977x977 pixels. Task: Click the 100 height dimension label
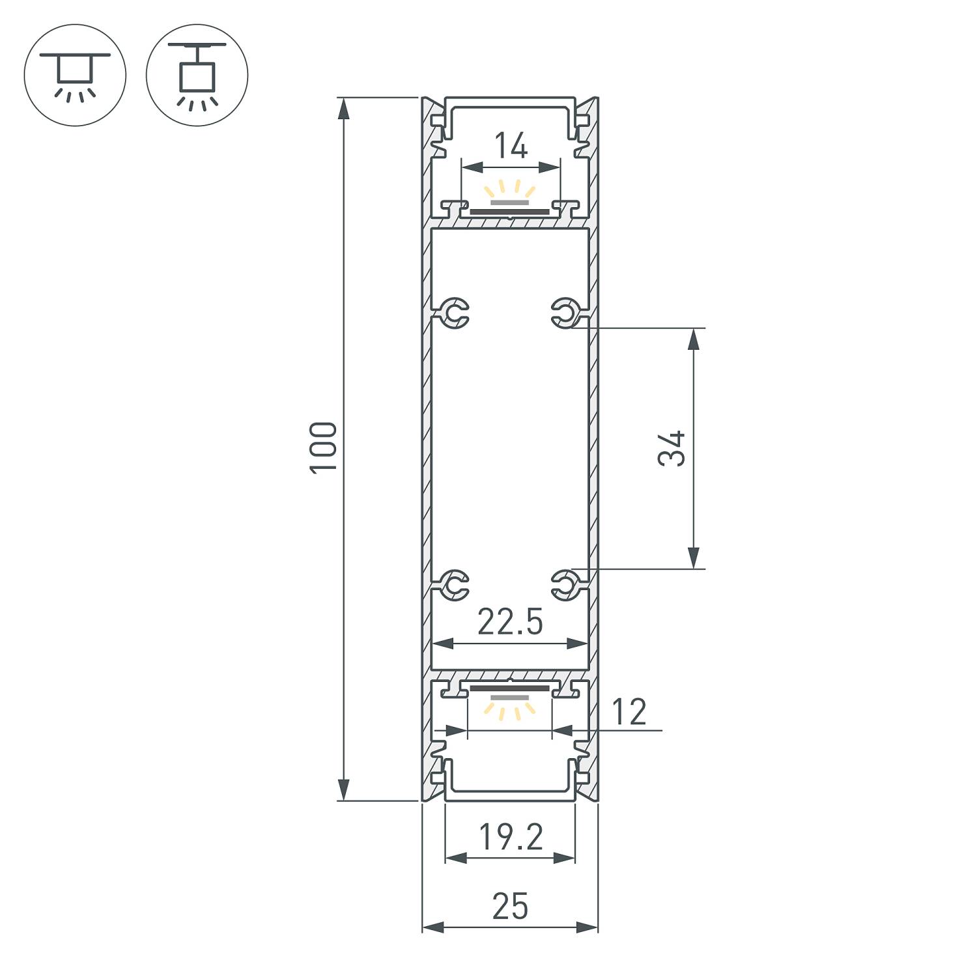[x=324, y=447]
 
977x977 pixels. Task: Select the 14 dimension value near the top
[x=511, y=146]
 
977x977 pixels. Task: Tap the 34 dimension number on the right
[x=672, y=448]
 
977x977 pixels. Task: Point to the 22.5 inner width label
[x=510, y=622]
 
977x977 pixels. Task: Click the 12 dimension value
[x=629, y=712]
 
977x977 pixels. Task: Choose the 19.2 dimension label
[x=511, y=838]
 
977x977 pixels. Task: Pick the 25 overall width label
[x=510, y=907]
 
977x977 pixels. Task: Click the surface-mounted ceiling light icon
[x=75, y=75]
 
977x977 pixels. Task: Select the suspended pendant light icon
[x=197, y=75]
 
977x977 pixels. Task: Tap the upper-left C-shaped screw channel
[x=454, y=313]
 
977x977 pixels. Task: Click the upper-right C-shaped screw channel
[x=565, y=313]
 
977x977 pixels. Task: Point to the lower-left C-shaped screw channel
[x=454, y=584]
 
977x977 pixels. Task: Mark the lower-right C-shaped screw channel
[x=565, y=584]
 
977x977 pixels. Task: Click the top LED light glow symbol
[x=509, y=192]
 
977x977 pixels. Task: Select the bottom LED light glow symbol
[x=509, y=707]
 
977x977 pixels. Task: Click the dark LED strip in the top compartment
[x=509, y=212]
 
